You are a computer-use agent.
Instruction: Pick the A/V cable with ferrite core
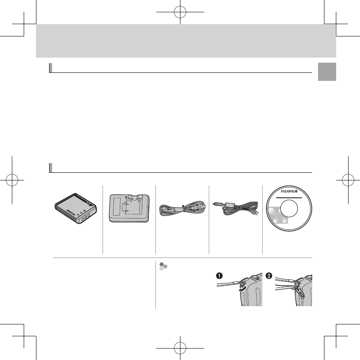[x=235, y=209]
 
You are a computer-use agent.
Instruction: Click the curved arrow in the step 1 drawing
[x=243, y=288]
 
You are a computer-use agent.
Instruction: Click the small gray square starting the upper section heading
[x=50, y=68]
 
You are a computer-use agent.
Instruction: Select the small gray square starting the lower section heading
[x=50, y=168]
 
